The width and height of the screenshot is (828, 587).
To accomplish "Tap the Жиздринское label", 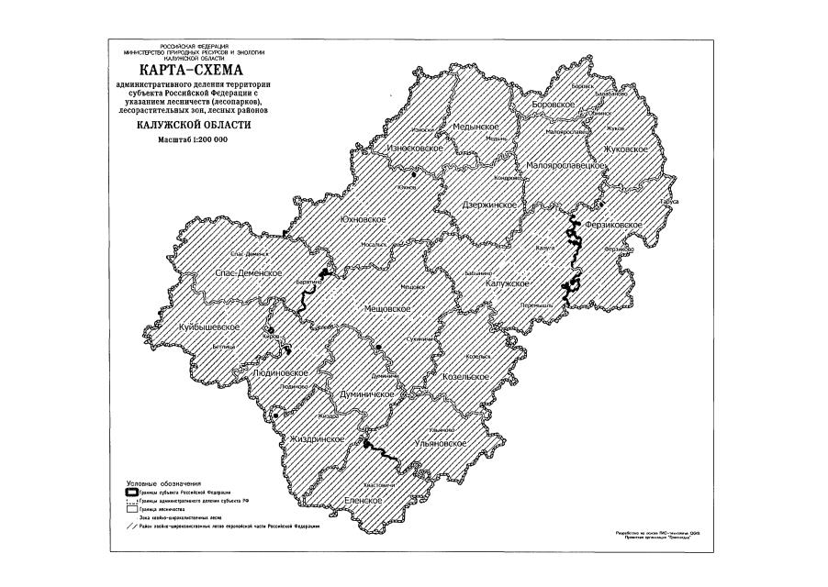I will click(316, 439).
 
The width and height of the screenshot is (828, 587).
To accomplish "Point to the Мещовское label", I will click(386, 309).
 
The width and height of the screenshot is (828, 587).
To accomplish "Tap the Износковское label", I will click(415, 148).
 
